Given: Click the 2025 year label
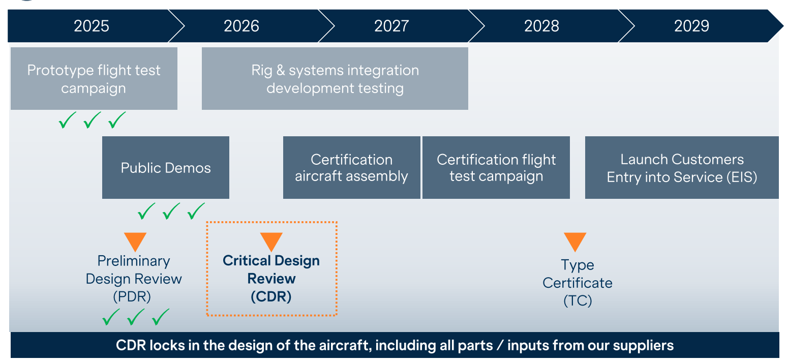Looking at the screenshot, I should coord(92,26).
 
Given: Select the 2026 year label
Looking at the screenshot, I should coord(241,26).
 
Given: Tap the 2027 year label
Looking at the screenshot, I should coord(391,26).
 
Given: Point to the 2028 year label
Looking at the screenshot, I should coord(541,26).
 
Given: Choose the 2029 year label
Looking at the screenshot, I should coord(691,26).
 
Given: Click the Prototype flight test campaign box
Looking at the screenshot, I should coord(94,79).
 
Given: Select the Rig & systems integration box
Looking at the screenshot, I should coord(335,79).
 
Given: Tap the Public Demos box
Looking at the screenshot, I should coord(166,168).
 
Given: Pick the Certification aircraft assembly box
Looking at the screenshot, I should coord(352,168).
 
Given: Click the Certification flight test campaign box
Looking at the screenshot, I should coord(496,168).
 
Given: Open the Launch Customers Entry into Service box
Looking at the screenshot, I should coord(682,168).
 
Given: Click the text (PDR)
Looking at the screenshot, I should coord(134,296).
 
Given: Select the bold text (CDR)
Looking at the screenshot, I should coord(271,296).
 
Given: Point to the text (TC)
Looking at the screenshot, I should coord(578,301).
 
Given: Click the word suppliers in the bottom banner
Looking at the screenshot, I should coord(644,346).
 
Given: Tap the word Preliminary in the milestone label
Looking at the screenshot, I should coord(134,261).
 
